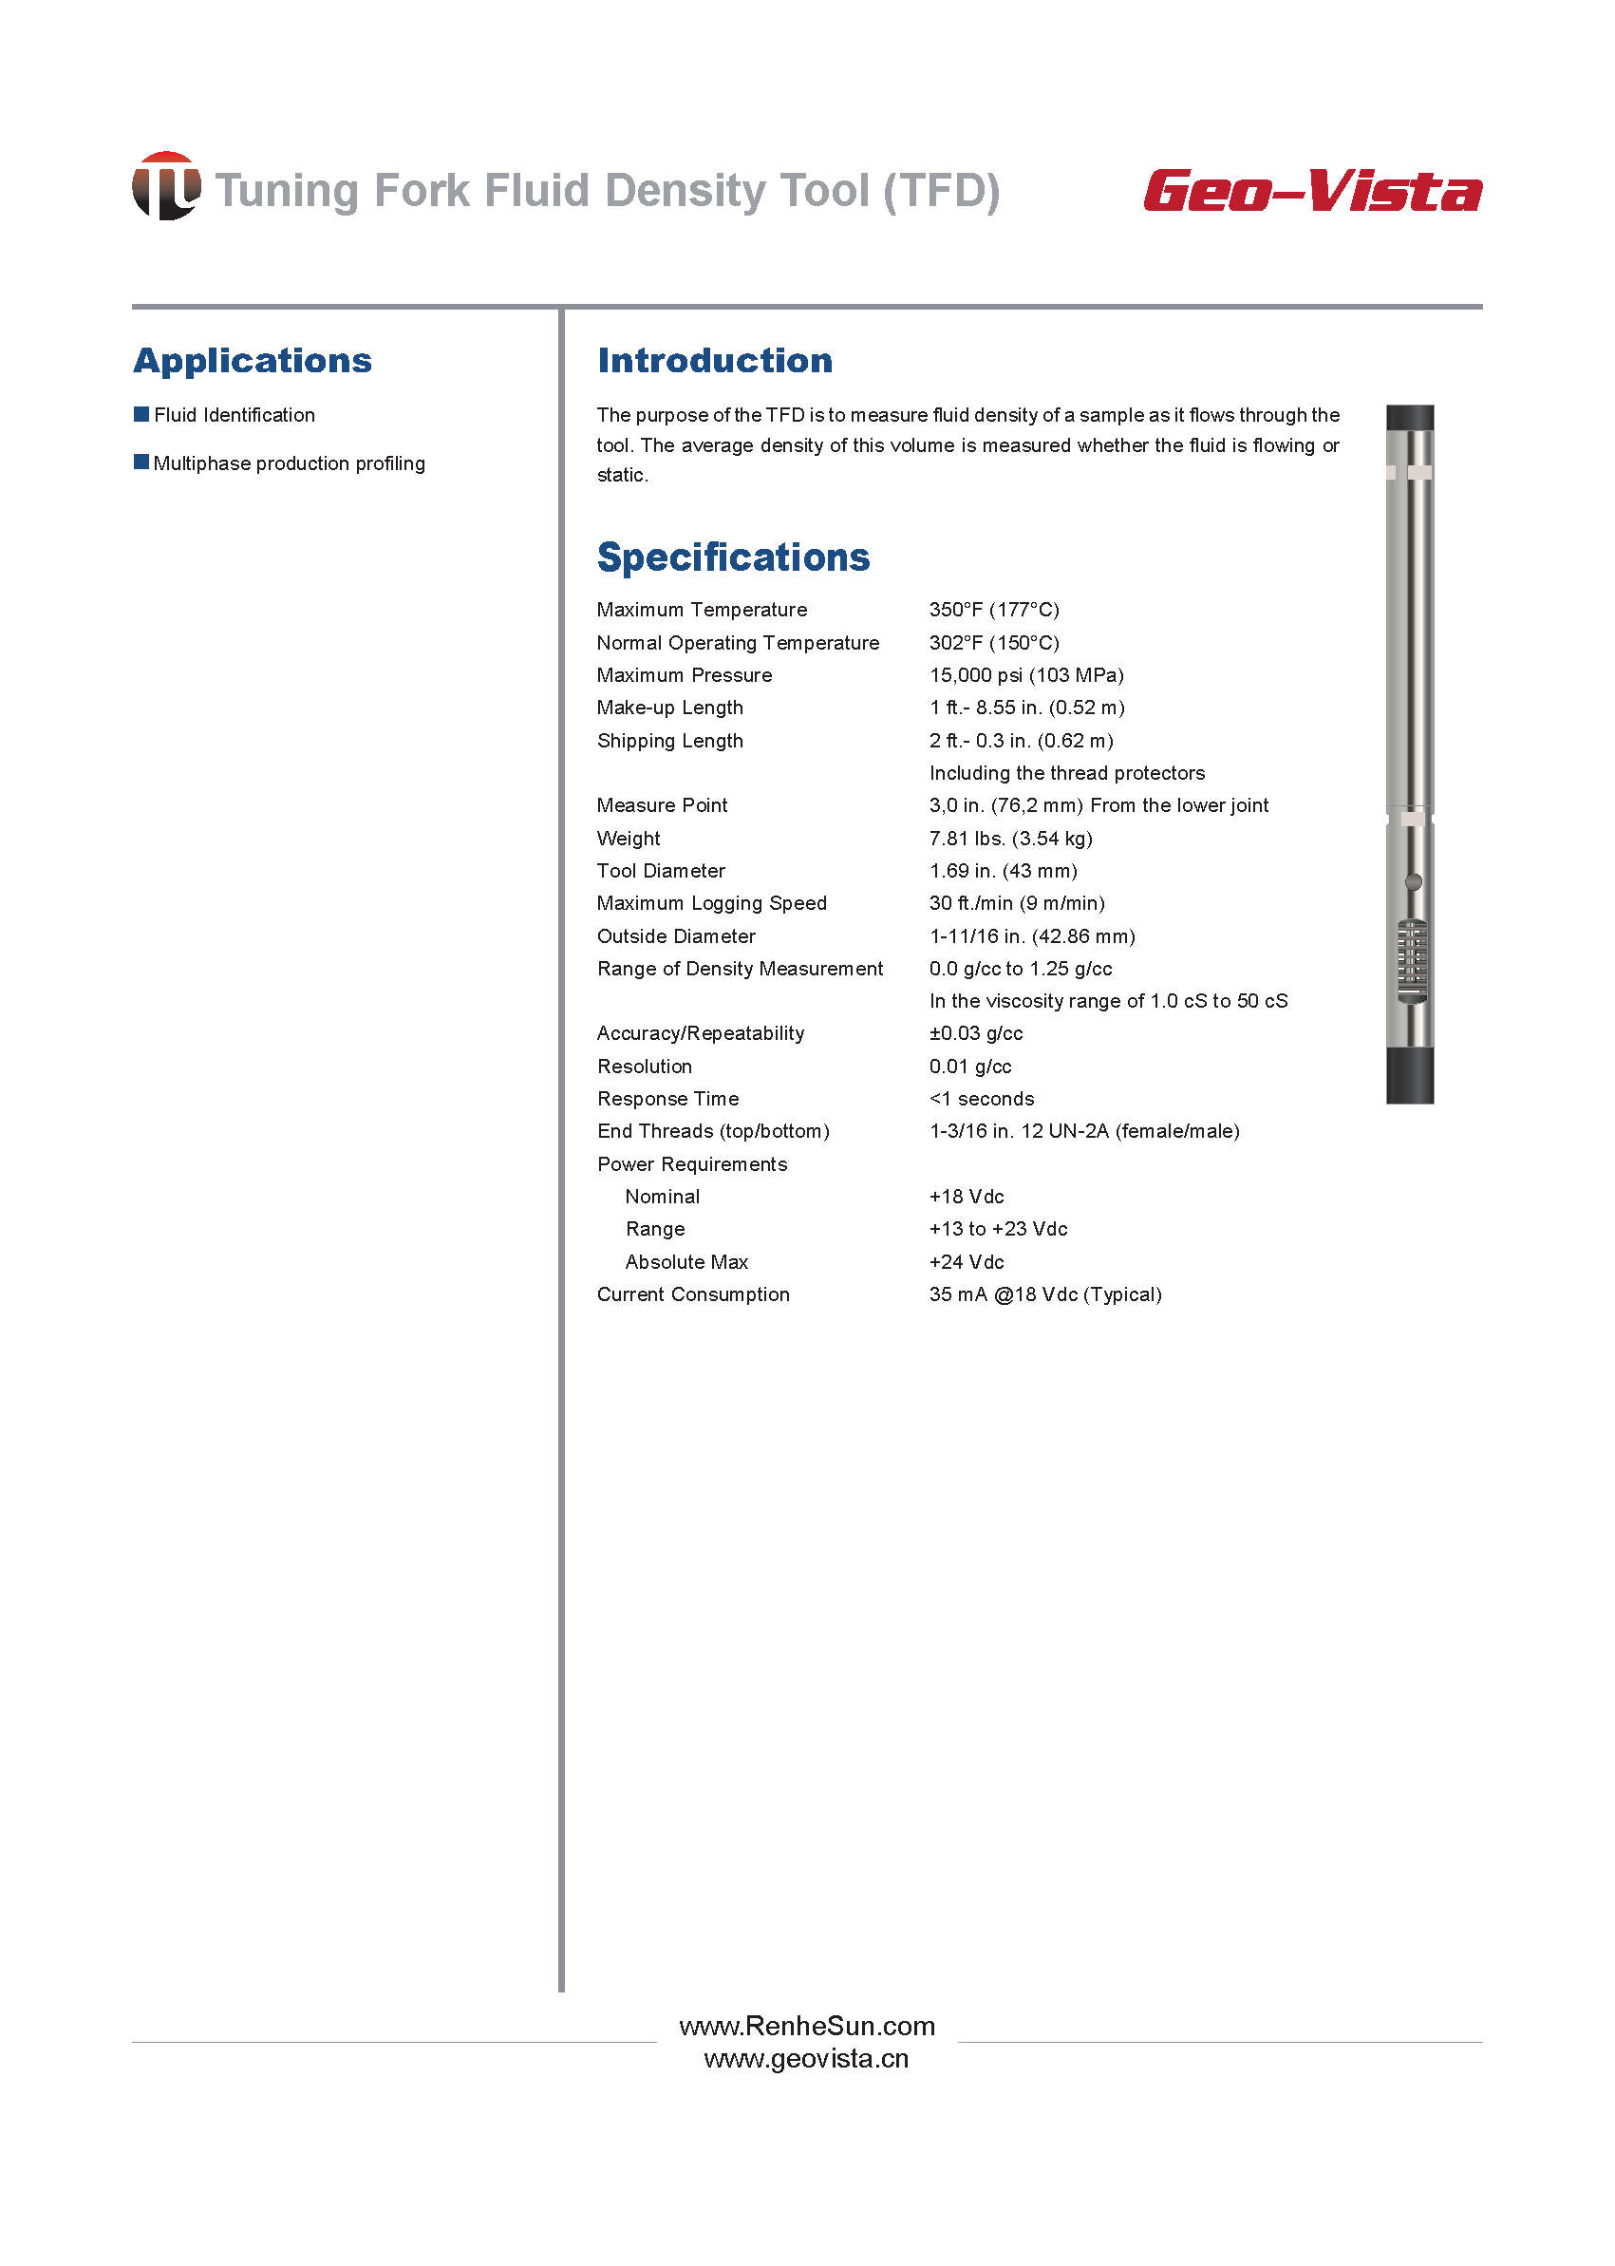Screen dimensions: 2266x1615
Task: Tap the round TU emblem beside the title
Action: coord(166,186)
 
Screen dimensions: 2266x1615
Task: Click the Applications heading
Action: coord(253,360)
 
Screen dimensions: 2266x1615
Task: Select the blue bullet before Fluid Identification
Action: coord(141,414)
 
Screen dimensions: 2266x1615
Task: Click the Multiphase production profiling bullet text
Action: coord(289,463)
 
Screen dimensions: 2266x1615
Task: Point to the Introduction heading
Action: coord(714,360)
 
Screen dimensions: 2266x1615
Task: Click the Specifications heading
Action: coord(733,557)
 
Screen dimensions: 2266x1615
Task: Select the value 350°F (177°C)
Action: coord(993,610)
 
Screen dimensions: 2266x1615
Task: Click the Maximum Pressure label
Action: coord(685,675)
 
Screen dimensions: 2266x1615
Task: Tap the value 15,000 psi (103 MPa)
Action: coord(1026,675)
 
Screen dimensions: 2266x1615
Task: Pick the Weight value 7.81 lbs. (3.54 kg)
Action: coord(1010,839)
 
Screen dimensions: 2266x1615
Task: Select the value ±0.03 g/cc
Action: coord(976,1033)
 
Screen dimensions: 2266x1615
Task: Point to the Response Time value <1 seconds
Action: coord(982,1099)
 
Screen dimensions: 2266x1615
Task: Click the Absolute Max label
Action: coord(686,1262)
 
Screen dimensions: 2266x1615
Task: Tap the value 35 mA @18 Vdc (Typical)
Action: coord(1045,1295)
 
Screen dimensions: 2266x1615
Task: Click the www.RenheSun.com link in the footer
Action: coord(806,2027)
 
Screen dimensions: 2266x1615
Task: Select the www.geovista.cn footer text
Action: coord(806,2059)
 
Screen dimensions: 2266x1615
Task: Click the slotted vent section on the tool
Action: coord(1411,961)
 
